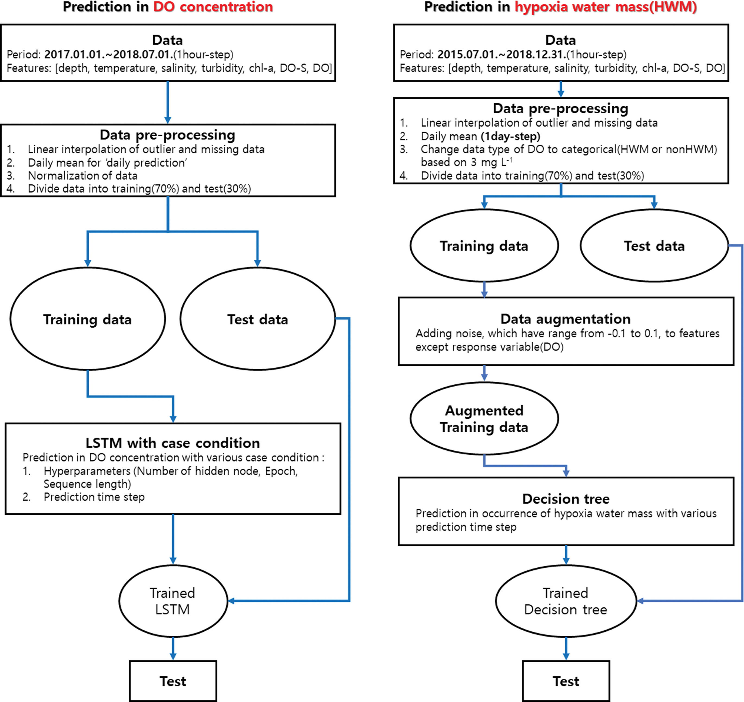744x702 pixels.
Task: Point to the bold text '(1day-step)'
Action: [511, 136]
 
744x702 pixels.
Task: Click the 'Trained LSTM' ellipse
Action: [173, 601]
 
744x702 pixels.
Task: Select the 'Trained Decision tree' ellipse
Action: [566, 601]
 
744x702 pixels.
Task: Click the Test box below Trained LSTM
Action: [173, 681]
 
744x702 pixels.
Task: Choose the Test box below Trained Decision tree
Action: [566, 681]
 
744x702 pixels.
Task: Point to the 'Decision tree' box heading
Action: [566, 499]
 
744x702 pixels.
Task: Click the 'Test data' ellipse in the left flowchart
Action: [258, 319]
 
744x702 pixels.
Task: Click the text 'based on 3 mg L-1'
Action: [466, 162]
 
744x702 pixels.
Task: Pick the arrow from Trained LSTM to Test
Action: [173, 648]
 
